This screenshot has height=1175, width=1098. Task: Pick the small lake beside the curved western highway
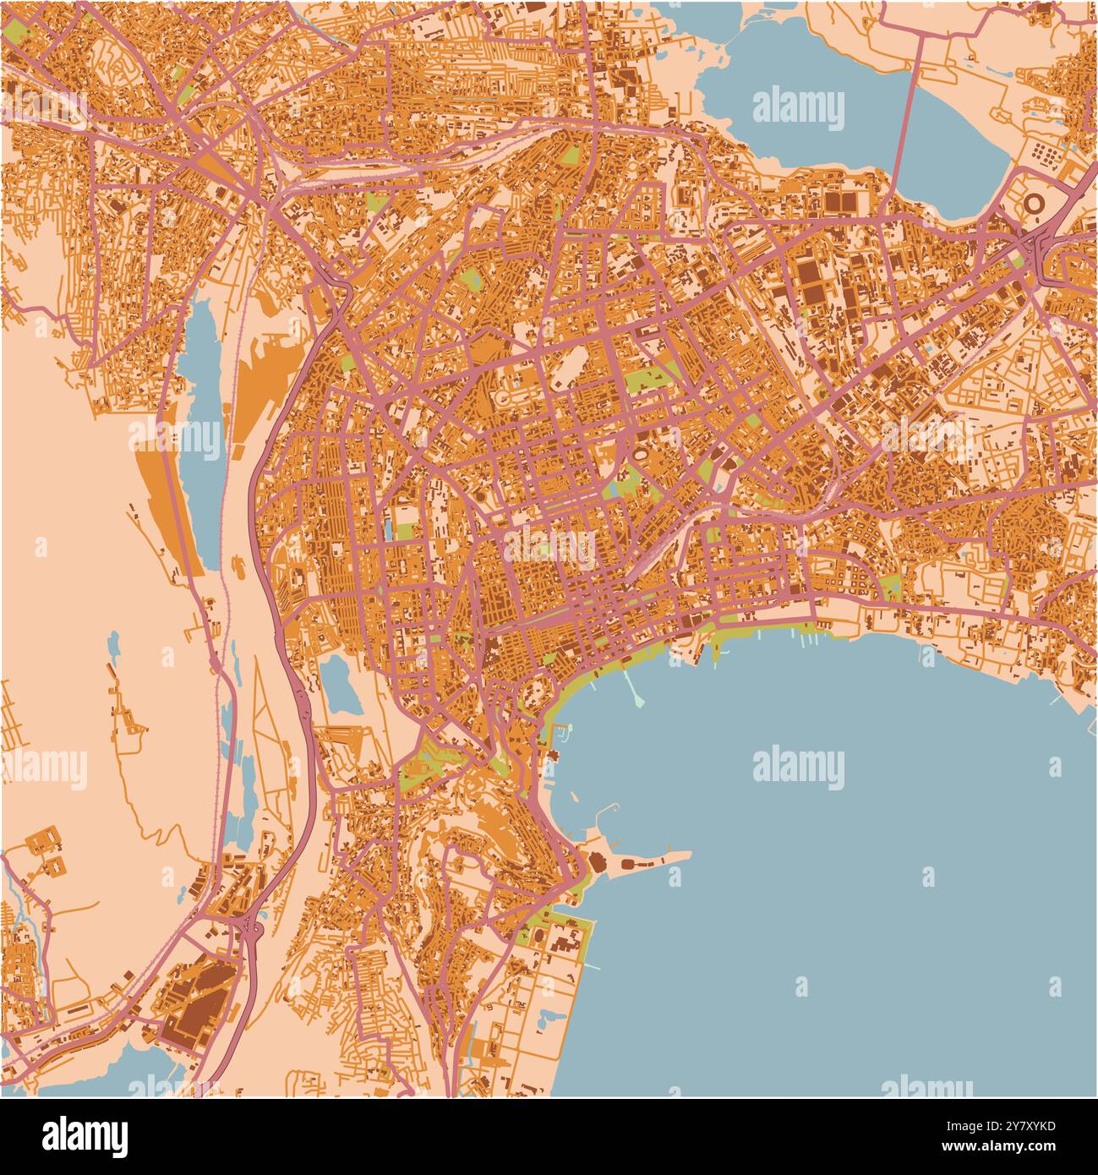pyautogui.click(x=341, y=686)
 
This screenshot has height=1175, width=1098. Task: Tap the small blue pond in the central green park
pyautogui.click(x=612, y=489)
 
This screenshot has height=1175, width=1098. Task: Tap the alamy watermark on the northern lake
pyautogui.click(x=797, y=108)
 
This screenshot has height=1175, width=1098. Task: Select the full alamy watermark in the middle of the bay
pyautogui.click(x=797, y=768)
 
